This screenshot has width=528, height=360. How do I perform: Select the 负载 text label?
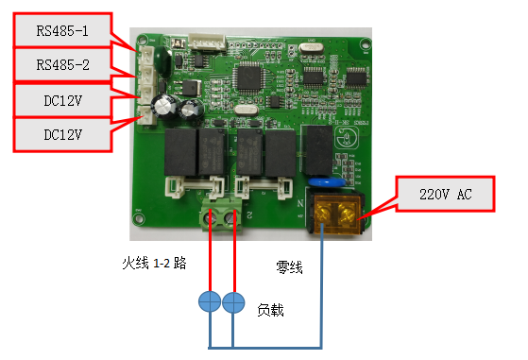(x=272, y=309)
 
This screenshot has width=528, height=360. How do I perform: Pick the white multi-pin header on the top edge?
(x=205, y=42)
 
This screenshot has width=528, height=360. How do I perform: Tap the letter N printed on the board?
(x=301, y=201)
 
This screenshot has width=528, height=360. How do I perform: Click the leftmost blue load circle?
(x=210, y=302)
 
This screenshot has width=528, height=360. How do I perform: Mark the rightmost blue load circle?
(x=234, y=302)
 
